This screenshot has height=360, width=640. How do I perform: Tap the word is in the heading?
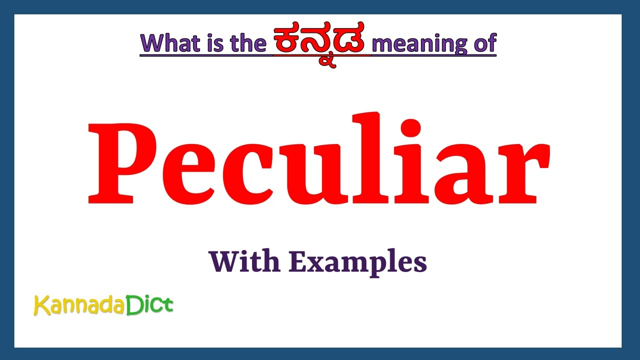212,43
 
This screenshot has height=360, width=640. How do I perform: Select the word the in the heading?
247,43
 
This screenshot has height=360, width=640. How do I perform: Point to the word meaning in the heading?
412,44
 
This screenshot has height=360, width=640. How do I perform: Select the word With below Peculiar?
244,261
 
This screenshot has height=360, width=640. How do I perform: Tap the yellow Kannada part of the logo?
79,305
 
